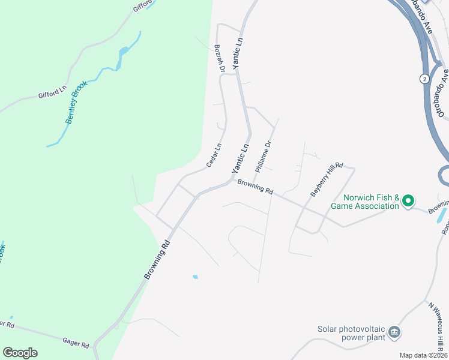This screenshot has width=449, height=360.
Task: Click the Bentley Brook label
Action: (x=76, y=103)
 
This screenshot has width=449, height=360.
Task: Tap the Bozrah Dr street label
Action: (x=219, y=58)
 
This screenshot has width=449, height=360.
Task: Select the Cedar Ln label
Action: (x=214, y=155)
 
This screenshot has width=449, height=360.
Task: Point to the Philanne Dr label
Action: (x=264, y=157)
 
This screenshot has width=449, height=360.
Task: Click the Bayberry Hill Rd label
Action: (x=326, y=179)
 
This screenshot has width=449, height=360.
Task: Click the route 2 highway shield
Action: (x=424, y=79)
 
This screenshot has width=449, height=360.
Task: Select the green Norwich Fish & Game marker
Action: (x=408, y=200)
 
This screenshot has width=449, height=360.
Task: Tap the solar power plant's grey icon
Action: (x=394, y=332)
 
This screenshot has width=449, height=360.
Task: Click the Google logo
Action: (x=20, y=353)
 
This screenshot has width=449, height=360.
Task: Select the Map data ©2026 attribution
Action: (x=423, y=355)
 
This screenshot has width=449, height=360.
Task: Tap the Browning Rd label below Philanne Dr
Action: (x=255, y=187)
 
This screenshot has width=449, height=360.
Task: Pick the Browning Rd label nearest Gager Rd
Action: (x=158, y=260)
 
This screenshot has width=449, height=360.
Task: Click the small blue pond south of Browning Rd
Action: (x=194, y=277)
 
